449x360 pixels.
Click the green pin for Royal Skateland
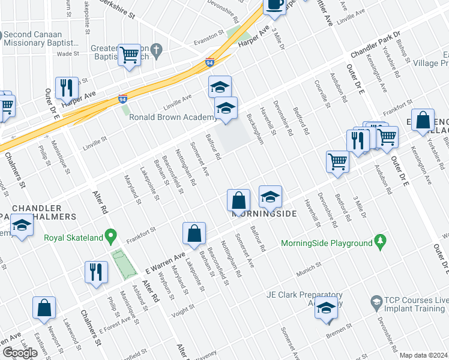tap(110, 237)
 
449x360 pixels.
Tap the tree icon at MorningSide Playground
tap(379, 242)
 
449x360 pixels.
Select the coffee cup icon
tap(275, 5)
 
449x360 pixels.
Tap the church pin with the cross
tap(157, 51)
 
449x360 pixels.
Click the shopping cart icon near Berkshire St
tap(130, 56)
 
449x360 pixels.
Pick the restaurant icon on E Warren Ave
tap(96, 271)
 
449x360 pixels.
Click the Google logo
tap(20, 353)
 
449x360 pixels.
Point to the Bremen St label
tap(333, 330)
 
